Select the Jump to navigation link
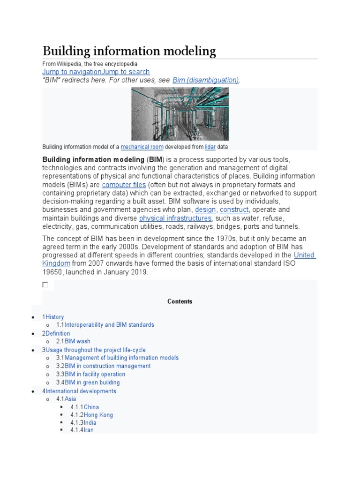71,72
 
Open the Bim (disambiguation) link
206,80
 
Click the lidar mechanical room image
180,114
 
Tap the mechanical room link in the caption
142,147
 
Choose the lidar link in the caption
210,147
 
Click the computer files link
124,185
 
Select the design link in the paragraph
205,210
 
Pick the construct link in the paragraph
234,210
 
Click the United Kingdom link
304,255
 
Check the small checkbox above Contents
45,285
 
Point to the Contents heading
180,301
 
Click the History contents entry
54,317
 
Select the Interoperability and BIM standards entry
109,324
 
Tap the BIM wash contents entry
77,341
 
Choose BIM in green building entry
92,382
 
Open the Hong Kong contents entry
98,415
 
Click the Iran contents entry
89,430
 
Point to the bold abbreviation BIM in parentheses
156,160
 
